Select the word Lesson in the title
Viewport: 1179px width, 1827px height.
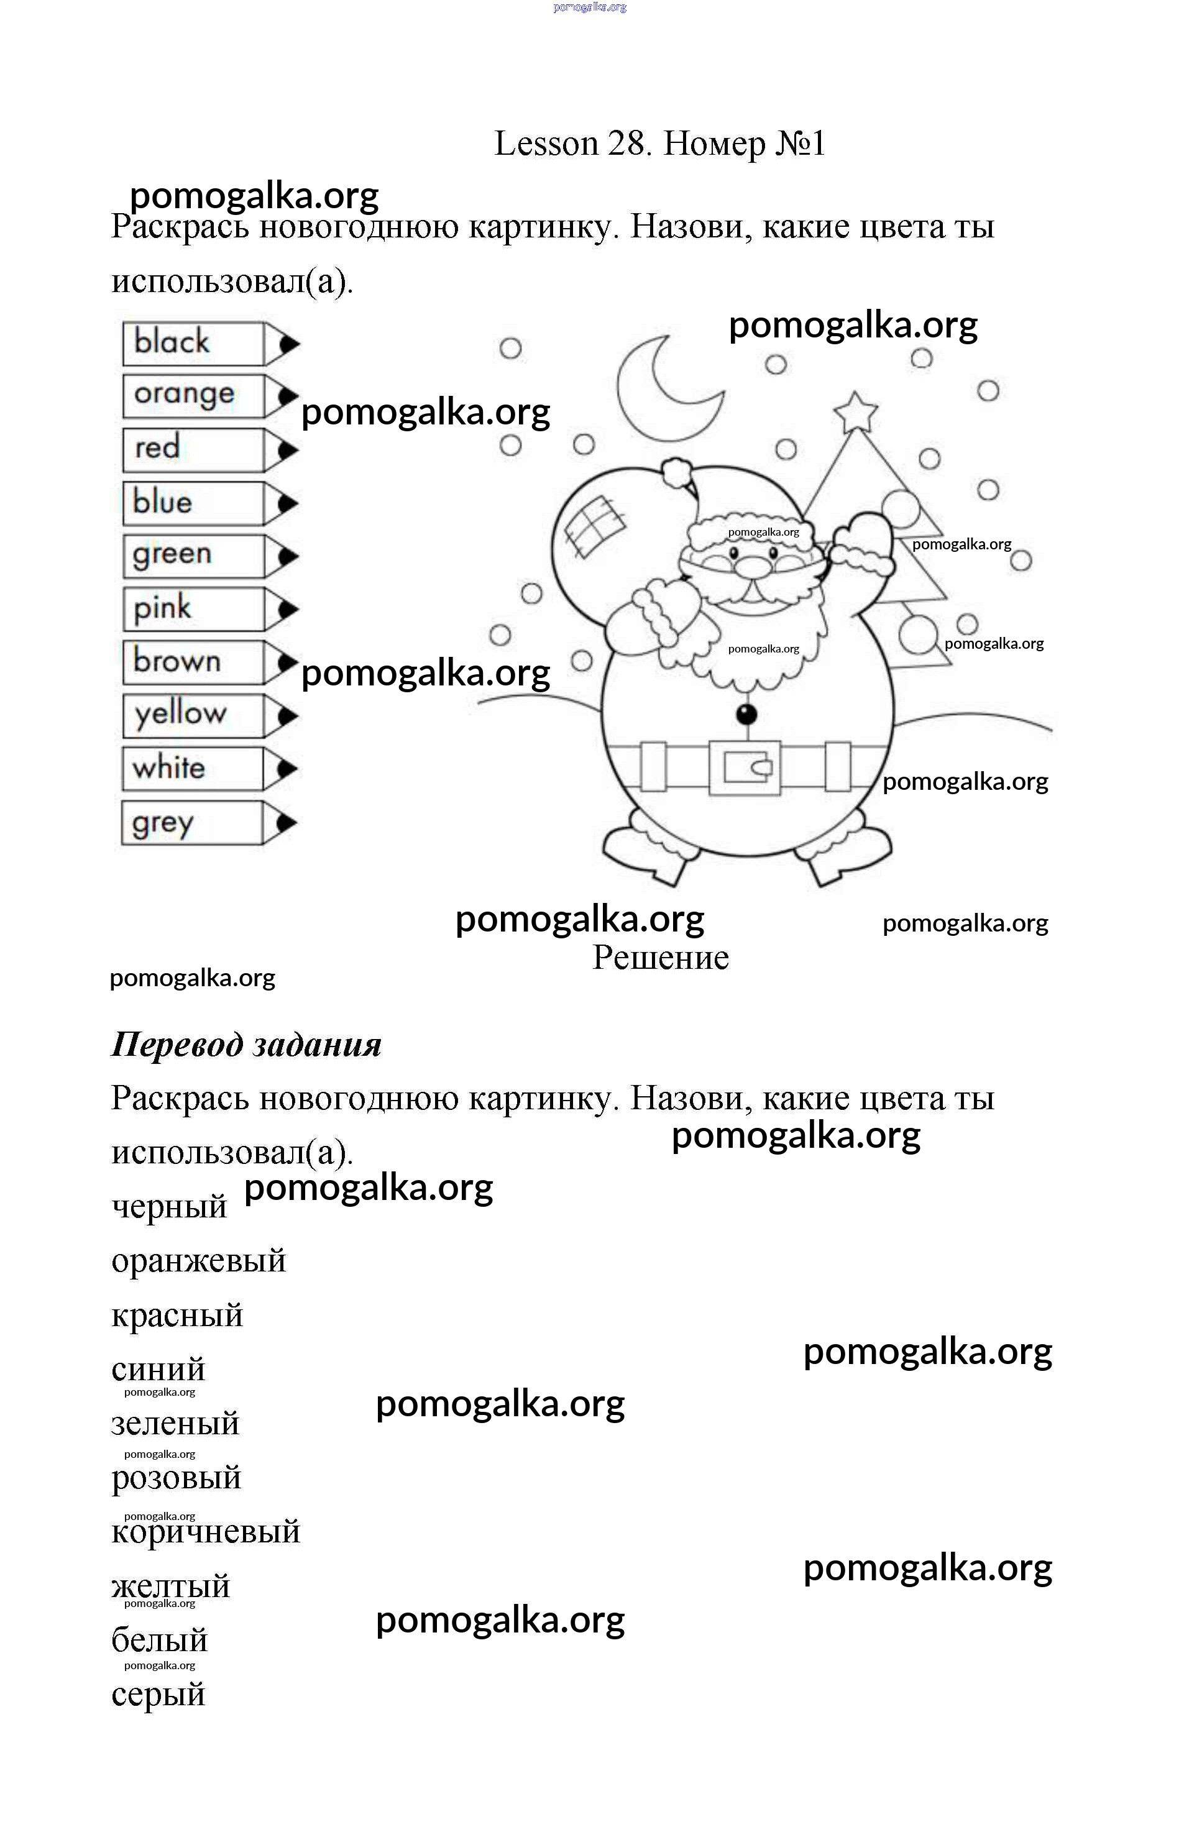coord(546,144)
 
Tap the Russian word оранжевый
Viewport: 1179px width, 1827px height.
coord(198,1261)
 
